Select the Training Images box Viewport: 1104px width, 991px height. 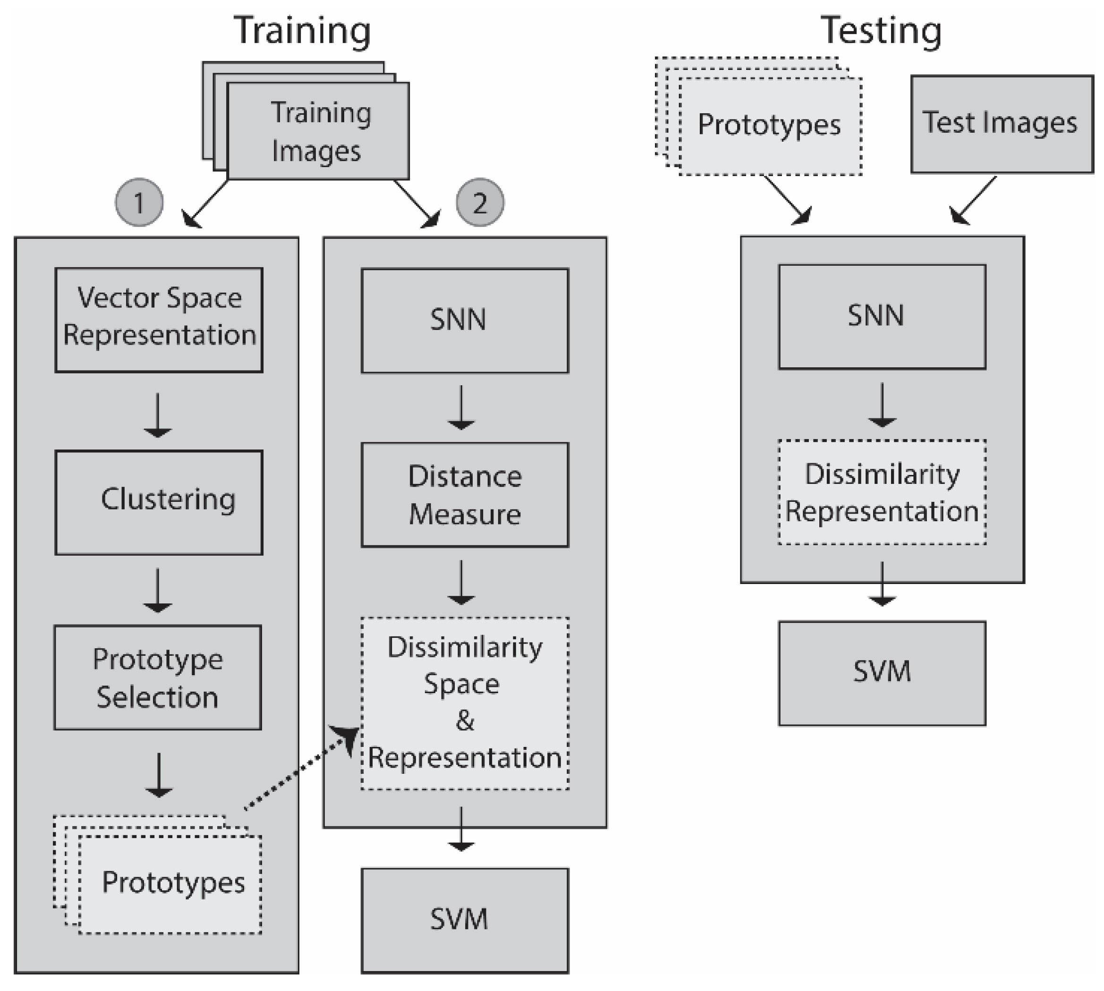coord(318,131)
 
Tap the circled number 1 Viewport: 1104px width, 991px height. coord(139,203)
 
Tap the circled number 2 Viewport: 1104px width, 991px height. coord(479,203)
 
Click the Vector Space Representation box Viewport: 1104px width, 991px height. coord(159,320)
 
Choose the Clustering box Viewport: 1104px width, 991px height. coord(159,502)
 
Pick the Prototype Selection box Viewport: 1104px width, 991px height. coord(157,678)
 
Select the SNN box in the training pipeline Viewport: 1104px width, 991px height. coord(465,321)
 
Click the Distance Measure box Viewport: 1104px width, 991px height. coord(465,494)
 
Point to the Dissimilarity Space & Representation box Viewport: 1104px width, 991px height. coord(465,703)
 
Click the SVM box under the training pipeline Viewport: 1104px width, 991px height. coord(465,920)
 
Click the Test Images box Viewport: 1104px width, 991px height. coord(1002,124)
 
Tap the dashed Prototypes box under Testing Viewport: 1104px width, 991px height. coord(770,126)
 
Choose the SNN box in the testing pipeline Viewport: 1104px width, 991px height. coord(882,317)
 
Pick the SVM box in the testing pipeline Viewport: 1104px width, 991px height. coord(882,673)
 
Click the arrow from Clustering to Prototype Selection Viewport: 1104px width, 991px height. coord(157,591)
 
